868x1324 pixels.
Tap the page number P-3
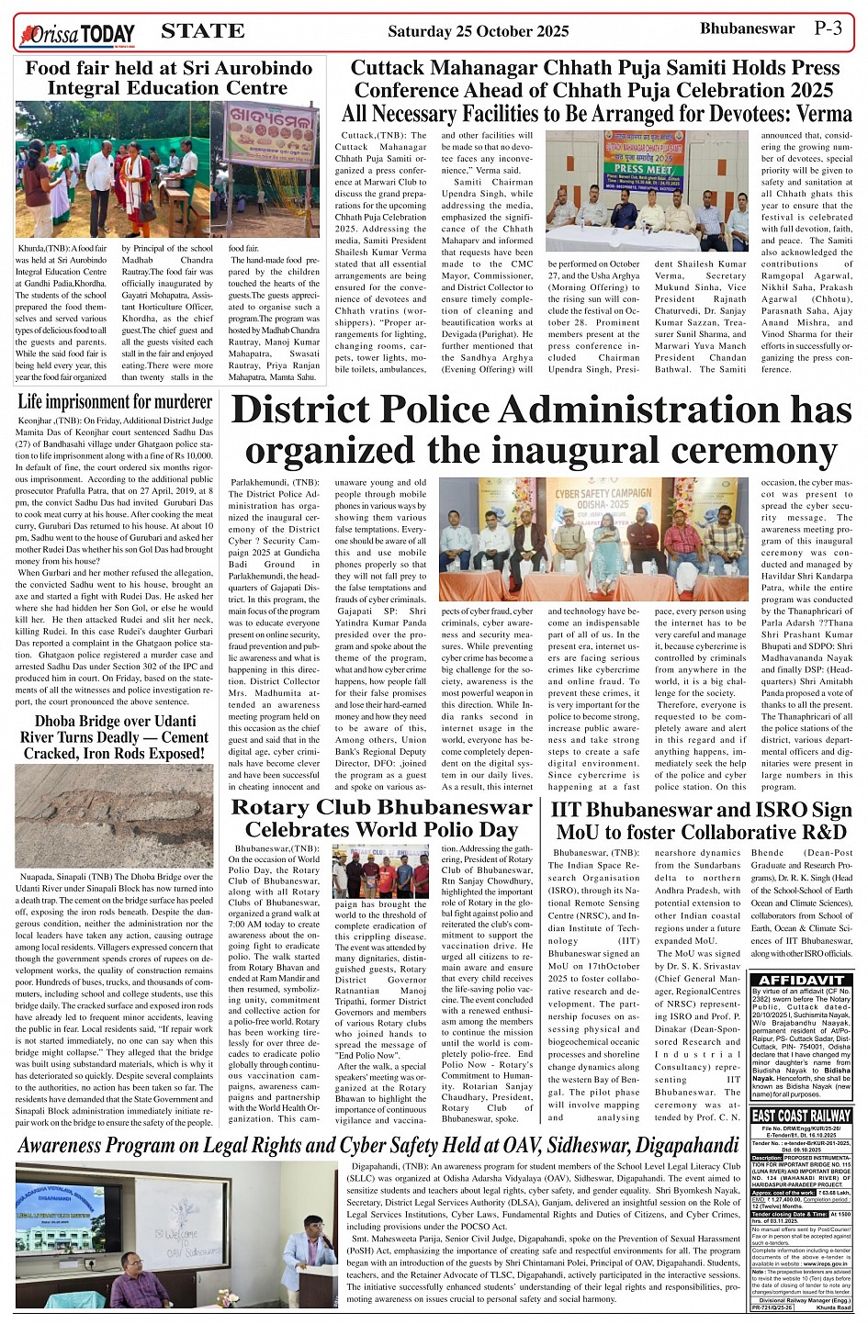[828, 28]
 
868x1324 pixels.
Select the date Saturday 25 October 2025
[478, 32]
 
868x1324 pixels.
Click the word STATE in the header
[202, 31]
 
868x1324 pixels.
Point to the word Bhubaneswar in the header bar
[747, 28]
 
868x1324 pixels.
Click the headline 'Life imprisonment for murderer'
[115, 401]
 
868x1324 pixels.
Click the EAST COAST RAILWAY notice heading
[800, 1115]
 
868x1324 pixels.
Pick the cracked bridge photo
[115, 816]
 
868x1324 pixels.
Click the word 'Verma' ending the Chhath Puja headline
[824, 114]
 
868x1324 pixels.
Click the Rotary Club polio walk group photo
[380, 871]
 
